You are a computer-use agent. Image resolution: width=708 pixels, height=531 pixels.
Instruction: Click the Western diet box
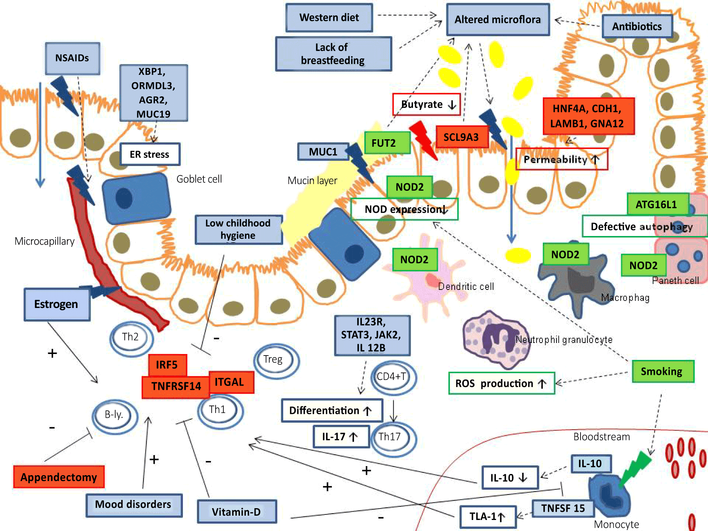click(329, 18)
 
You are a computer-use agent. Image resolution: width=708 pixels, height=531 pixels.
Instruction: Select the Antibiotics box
click(637, 26)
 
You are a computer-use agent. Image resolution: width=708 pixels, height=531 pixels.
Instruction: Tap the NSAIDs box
click(72, 58)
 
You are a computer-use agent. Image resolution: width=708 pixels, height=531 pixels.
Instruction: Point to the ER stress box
click(150, 154)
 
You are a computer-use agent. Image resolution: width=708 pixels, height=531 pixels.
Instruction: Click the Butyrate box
click(426, 104)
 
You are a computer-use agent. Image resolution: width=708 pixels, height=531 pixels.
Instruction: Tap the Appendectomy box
click(59, 477)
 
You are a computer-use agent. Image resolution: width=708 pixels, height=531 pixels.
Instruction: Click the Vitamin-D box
click(237, 511)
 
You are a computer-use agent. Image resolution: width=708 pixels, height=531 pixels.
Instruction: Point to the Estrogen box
click(57, 304)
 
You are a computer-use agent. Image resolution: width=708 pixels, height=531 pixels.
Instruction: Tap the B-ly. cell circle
click(115, 417)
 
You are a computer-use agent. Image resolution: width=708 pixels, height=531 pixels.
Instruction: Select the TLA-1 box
click(488, 516)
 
